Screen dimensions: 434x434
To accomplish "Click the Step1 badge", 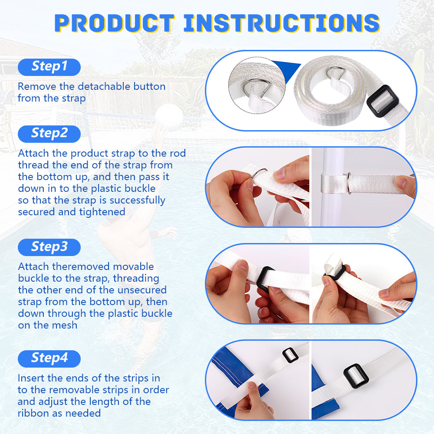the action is coord(49,67).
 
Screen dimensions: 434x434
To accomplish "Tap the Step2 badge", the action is coord(49,134).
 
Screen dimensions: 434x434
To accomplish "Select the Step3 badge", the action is coord(49,247).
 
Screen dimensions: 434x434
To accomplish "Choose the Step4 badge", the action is coord(49,359).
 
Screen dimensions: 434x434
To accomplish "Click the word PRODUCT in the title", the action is coord(114,23).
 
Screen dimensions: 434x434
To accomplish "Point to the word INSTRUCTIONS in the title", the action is coord(282,23).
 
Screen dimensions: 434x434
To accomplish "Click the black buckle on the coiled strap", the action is coord(383,101).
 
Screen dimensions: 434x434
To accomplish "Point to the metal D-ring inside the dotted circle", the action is coord(257,88).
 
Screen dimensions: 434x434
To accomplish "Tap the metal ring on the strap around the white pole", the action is coord(349,183).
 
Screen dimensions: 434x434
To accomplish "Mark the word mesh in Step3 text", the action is coord(65,325).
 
